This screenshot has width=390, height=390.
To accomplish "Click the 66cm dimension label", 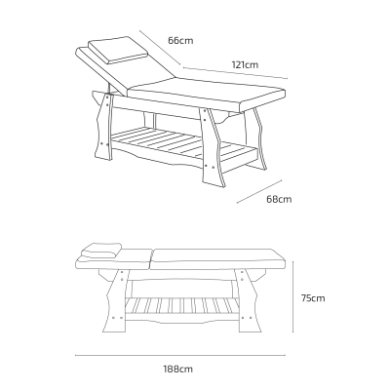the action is (x=180, y=41).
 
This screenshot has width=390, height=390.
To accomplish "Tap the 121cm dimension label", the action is (x=245, y=64).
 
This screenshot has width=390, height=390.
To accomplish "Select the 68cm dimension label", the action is (x=279, y=199).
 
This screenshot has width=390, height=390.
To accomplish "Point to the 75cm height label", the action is (x=313, y=298).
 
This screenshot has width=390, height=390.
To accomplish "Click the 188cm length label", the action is (x=177, y=370).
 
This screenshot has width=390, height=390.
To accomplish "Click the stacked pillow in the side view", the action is (x=101, y=250).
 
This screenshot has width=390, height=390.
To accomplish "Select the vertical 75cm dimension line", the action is (x=293, y=296).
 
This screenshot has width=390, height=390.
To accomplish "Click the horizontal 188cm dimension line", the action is (x=180, y=355).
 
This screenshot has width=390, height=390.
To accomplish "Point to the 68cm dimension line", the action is (x=259, y=192).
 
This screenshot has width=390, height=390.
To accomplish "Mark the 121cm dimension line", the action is (x=235, y=73).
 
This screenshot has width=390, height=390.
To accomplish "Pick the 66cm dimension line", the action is (x=160, y=48).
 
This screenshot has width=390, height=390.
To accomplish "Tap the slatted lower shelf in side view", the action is (x=181, y=306).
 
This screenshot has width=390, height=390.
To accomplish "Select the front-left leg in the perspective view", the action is (x=103, y=127).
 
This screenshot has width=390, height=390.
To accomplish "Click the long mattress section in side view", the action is (x=219, y=259).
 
